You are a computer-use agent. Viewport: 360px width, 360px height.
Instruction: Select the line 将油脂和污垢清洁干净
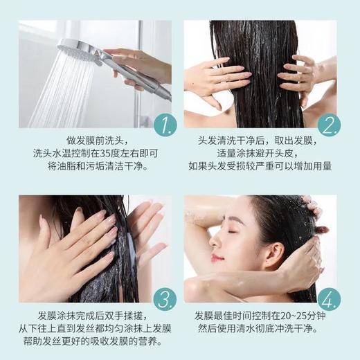click(91, 167)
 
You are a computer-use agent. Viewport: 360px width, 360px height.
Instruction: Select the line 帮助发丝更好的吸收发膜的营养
click(91, 342)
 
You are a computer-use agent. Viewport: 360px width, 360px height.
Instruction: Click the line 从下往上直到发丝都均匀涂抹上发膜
click(91, 327)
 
